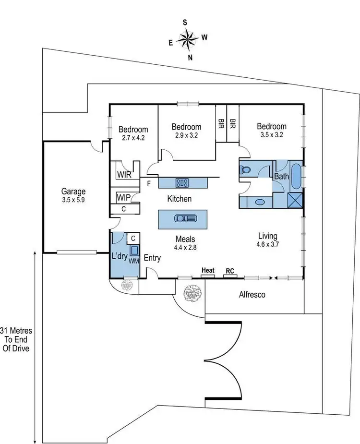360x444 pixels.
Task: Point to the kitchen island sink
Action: [x=183, y=218]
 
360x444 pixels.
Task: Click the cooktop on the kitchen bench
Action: [x=182, y=182]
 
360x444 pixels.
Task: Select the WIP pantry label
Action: [x=123, y=197]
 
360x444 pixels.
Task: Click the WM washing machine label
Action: [x=133, y=261]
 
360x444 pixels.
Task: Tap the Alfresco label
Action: [x=252, y=294]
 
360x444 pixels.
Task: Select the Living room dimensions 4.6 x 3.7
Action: [x=268, y=244]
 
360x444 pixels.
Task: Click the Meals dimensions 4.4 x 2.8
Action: [x=185, y=248]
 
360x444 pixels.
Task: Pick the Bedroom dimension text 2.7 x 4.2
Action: [x=133, y=137]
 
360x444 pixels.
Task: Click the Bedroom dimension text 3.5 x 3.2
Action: [x=272, y=135]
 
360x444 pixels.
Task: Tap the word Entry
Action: [x=152, y=258]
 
